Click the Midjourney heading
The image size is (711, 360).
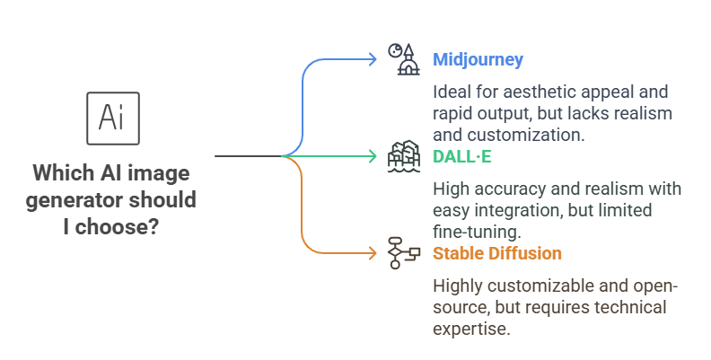tap(478, 59)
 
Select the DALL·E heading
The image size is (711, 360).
tap(462, 156)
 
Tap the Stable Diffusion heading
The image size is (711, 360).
tap(497, 253)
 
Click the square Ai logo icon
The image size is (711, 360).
tap(113, 119)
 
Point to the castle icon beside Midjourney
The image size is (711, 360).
tap(404, 59)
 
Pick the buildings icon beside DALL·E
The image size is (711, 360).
tap(404, 156)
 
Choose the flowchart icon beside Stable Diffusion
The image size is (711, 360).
tap(404, 253)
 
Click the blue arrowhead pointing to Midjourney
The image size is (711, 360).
tap(373, 59)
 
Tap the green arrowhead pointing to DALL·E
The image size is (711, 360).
tap(373, 156)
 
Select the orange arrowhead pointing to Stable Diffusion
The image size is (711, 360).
tap(373, 253)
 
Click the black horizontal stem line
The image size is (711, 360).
tap(249, 156)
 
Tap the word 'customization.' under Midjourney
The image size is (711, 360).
tap(526, 135)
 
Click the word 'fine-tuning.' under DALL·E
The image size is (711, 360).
tap(477, 232)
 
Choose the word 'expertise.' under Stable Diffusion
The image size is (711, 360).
tap(471, 329)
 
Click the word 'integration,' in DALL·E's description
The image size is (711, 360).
tap(518, 210)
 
